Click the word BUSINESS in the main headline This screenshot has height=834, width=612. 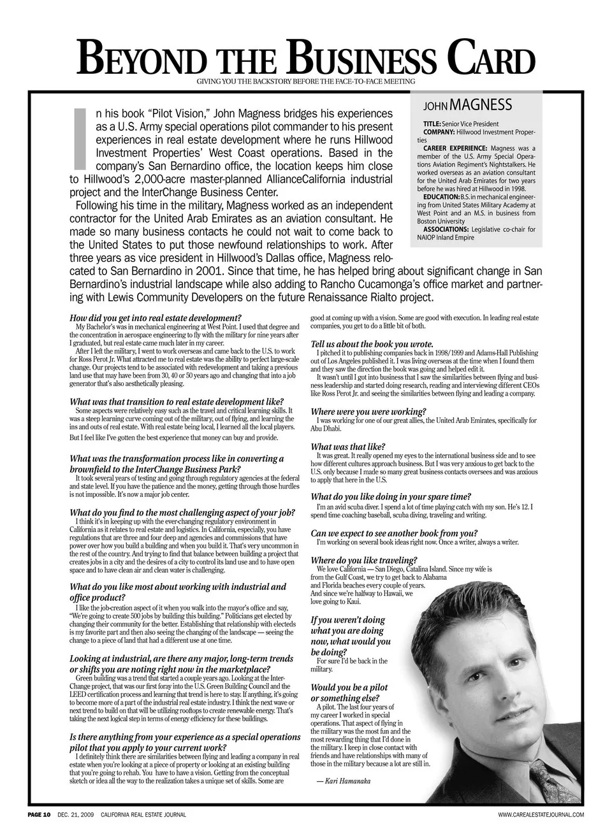click(363, 61)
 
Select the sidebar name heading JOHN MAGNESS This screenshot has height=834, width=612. click(468, 105)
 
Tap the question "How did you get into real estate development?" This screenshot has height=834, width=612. click(155, 317)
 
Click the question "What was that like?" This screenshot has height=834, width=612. click(348, 447)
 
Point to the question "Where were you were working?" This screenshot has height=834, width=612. click(368, 412)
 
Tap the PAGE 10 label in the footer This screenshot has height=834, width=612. click(38, 815)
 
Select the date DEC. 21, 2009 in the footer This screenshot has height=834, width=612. click(75, 815)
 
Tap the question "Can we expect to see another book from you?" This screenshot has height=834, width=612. click(394, 533)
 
